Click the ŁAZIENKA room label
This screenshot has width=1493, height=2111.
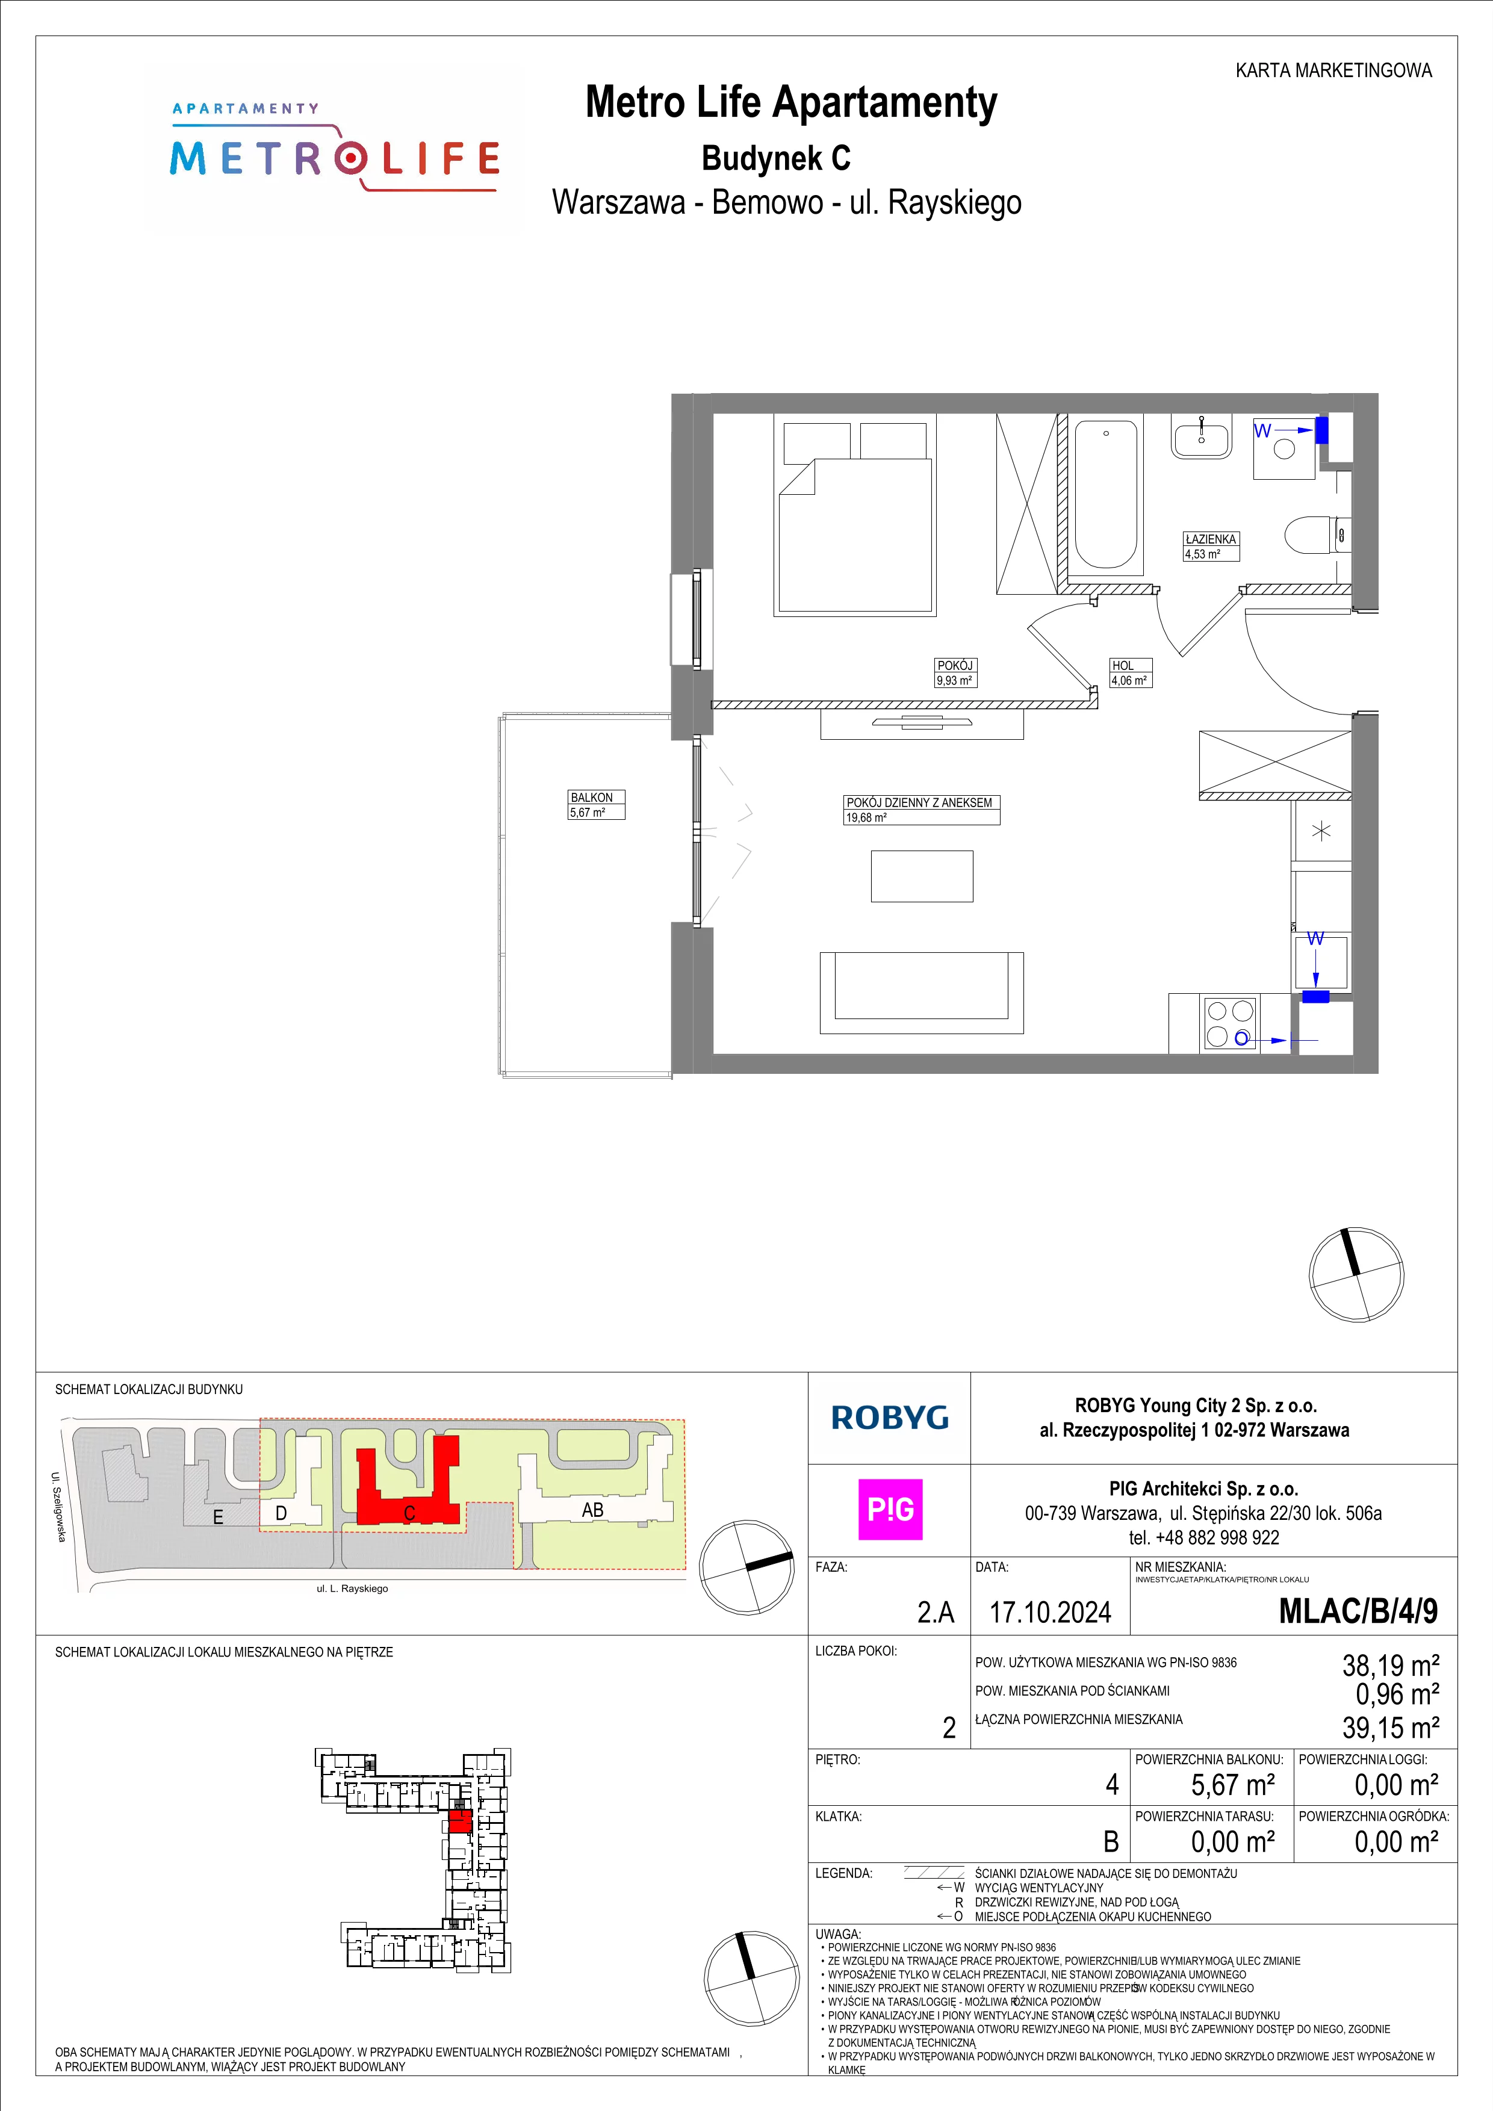tap(1211, 539)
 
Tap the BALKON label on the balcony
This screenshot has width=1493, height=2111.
tap(591, 797)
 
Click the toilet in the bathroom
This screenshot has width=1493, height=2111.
tap(1317, 534)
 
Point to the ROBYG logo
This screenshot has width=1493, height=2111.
tap(890, 1418)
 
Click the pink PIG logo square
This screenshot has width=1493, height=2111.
tap(890, 1509)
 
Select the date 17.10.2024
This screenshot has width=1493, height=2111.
tap(1050, 1612)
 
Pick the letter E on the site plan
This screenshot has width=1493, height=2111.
tap(218, 1517)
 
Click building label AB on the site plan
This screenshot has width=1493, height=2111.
tap(593, 1510)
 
